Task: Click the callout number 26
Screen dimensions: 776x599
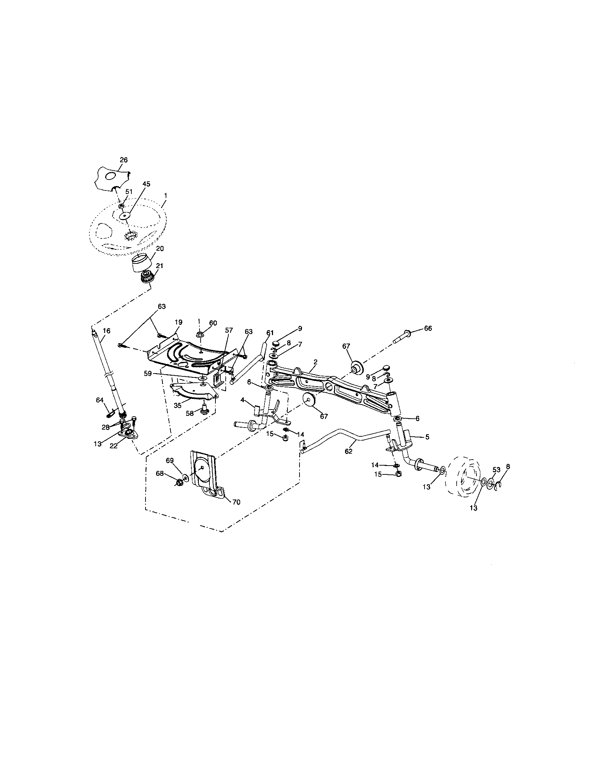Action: click(x=123, y=160)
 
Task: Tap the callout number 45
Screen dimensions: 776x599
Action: click(x=146, y=184)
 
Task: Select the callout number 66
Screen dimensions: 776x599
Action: click(x=428, y=328)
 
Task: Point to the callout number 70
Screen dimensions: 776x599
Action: click(x=236, y=502)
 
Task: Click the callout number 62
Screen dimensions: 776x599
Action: click(x=348, y=451)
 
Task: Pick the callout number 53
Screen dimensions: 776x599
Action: click(x=496, y=470)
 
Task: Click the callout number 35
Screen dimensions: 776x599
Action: click(x=178, y=405)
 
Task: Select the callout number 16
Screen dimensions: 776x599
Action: click(x=106, y=331)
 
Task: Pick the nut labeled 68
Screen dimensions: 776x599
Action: click(x=180, y=482)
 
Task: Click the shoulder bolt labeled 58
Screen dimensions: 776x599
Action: click(x=204, y=410)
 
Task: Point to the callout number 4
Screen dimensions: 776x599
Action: click(x=242, y=400)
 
